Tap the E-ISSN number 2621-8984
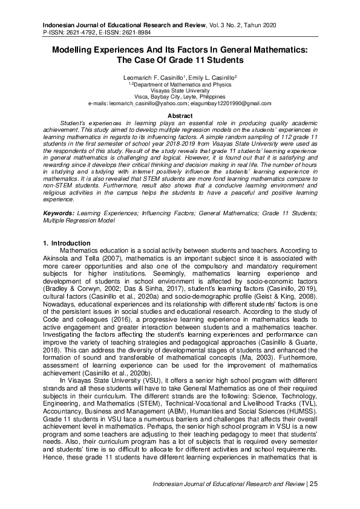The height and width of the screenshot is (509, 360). pyautogui.click(x=144, y=30)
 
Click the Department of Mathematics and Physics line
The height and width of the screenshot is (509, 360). pyautogui.click(x=180, y=85)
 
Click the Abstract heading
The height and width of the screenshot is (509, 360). pyautogui.click(x=180, y=115)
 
